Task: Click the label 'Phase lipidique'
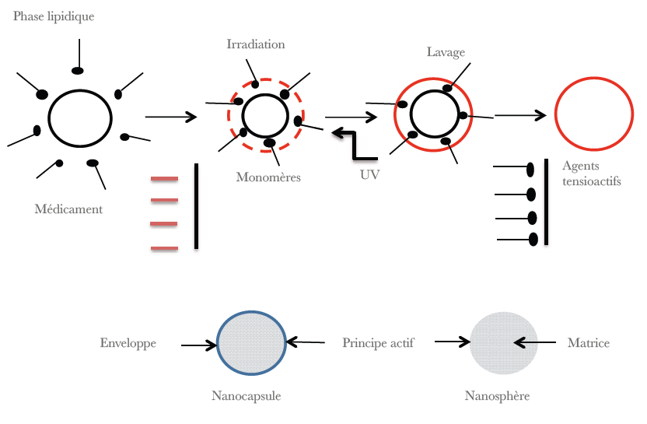(54, 16)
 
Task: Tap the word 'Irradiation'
(256, 44)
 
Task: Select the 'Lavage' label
(446, 52)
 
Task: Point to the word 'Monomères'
(268, 177)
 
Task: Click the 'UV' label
(370, 175)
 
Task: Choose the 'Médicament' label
(68, 209)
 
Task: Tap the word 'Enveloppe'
(128, 343)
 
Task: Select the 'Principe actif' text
(378, 343)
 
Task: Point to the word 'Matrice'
(589, 343)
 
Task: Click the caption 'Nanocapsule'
(246, 396)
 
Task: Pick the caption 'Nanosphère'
(497, 396)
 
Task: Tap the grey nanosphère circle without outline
(503, 342)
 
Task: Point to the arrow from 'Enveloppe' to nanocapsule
(198, 345)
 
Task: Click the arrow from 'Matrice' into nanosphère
(535, 342)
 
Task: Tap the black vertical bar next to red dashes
(196, 205)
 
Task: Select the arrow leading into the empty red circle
(520, 115)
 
